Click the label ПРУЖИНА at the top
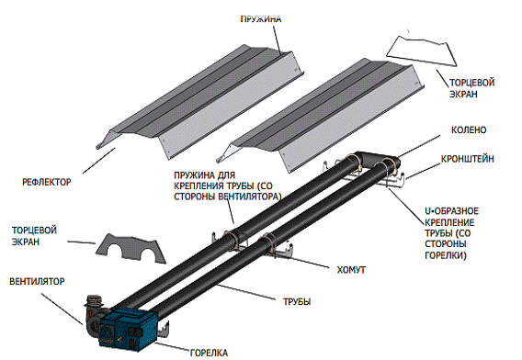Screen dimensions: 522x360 pyautogui.click(x=261, y=19)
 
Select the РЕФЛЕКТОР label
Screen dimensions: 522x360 pyautogui.click(x=47, y=182)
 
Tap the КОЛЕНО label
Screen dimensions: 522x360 pyautogui.click(x=469, y=129)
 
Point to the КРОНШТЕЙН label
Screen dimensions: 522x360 pyautogui.click(x=468, y=159)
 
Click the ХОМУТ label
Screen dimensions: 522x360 pyautogui.click(x=351, y=269)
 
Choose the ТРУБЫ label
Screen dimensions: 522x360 pyautogui.click(x=297, y=302)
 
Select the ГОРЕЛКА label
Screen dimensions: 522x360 pyautogui.click(x=209, y=353)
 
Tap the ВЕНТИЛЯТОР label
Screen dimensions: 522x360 pyautogui.click(x=37, y=281)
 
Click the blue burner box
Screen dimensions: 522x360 pyautogui.click(x=128, y=330)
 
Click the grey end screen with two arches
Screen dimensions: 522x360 pyautogui.click(x=130, y=249)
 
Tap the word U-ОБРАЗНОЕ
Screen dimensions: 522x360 pyautogui.click(x=452, y=211)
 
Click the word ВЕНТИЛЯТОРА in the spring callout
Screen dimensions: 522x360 pyautogui.click(x=248, y=197)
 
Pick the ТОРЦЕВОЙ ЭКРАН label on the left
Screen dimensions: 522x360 pyautogui.click(x=34, y=236)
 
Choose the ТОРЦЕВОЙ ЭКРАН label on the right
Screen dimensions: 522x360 pyautogui.click(x=471, y=88)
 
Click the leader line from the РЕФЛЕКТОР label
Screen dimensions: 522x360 pyautogui.click(x=99, y=161)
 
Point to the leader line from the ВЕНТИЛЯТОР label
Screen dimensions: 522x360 pyautogui.click(x=62, y=309)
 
